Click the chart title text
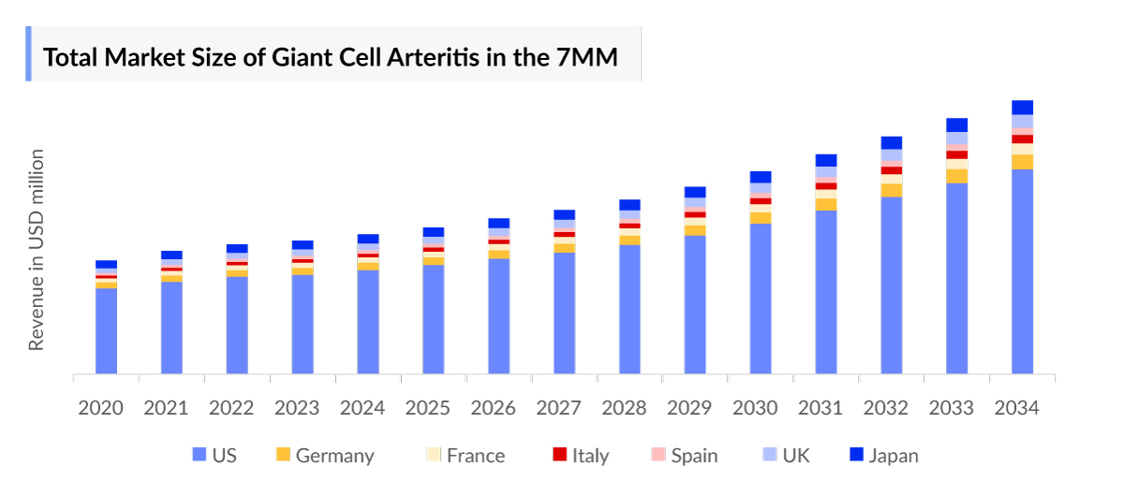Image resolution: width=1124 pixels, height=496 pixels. [331, 57]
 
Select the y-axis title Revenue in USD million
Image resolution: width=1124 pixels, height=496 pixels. [37, 250]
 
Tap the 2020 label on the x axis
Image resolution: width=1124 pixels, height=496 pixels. [101, 408]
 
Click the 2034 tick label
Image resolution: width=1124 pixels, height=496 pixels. [1017, 408]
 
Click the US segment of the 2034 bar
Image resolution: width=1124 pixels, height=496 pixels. [1022, 271]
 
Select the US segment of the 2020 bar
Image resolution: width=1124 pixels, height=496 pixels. [106, 331]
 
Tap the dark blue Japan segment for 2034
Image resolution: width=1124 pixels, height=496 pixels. [1022, 107]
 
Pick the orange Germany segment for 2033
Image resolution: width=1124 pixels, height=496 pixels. [956, 176]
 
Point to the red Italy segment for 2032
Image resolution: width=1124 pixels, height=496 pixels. [891, 170]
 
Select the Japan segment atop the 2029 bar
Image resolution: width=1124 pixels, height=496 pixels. [695, 192]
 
